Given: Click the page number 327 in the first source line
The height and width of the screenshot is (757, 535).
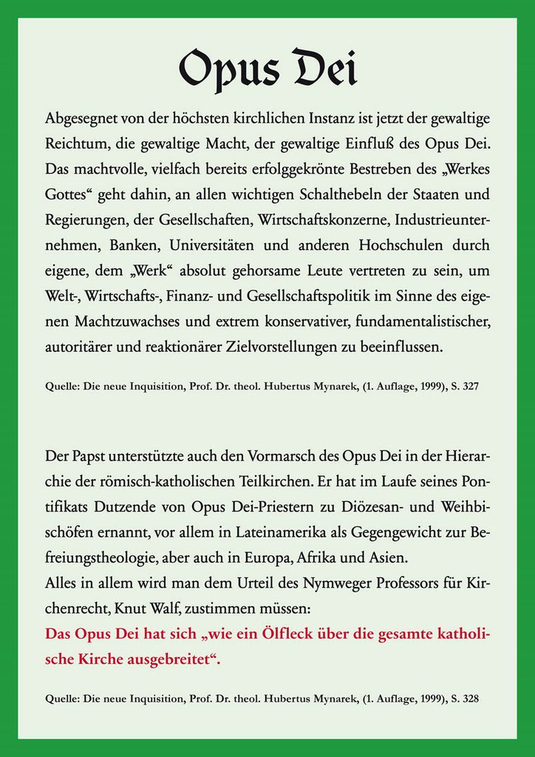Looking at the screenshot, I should [471, 386].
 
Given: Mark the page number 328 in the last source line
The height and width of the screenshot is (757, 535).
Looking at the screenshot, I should [471, 696].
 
